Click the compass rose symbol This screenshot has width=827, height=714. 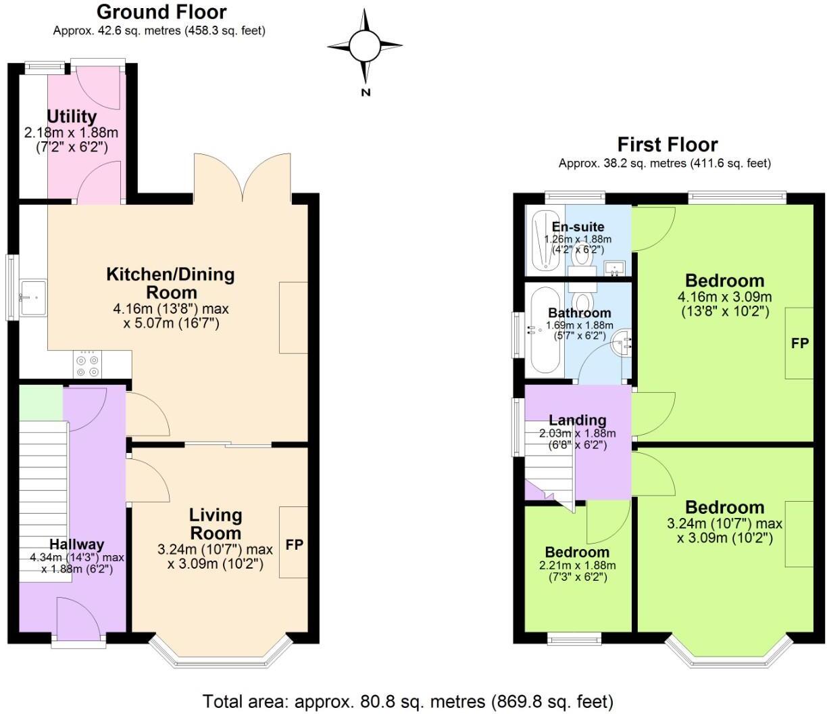[x=366, y=46]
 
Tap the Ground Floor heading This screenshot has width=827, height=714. [x=161, y=11]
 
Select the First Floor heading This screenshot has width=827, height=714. [x=667, y=144]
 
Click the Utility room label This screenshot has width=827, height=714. [x=72, y=117]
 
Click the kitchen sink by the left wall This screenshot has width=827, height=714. [x=32, y=297]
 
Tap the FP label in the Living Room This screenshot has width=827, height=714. [x=294, y=544]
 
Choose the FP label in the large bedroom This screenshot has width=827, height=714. [x=800, y=343]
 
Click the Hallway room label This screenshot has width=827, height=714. [x=76, y=544]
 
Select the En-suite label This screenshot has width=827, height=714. [x=578, y=227]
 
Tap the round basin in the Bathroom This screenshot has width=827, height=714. [x=622, y=343]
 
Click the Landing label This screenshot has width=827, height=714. [x=577, y=421]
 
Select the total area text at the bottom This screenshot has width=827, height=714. [x=407, y=700]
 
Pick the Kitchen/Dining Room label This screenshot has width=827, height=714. [x=170, y=283]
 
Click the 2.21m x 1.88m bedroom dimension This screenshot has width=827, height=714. [x=577, y=566]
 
